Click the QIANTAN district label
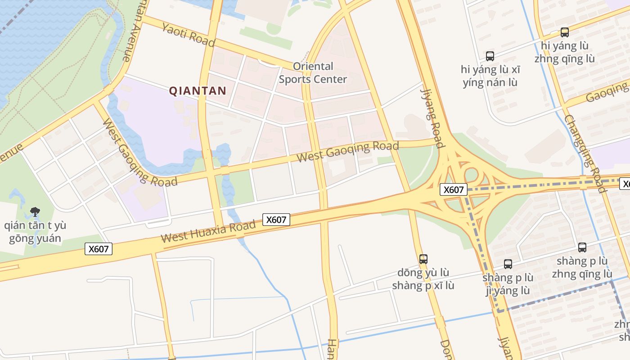coord(198,91)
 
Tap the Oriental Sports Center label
coord(313,73)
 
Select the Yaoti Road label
coord(188,35)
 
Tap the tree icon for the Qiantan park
coord(35,211)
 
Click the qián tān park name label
coord(35,232)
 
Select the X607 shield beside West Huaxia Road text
coord(276,220)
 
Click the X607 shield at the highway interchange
coord(453,189)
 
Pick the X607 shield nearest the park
coord(98,249)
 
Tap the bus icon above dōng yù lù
coord(423,259)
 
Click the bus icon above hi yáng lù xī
coord(490,56)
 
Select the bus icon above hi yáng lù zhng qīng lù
coord(564,32)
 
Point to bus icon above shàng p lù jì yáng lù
coord(508,264)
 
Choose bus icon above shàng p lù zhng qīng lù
coord(582,247)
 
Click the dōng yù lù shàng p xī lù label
coord(423,279)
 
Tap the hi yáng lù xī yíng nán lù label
coord(490,76)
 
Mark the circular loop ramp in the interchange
coord(471,175)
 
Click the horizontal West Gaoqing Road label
coord(347,152)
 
